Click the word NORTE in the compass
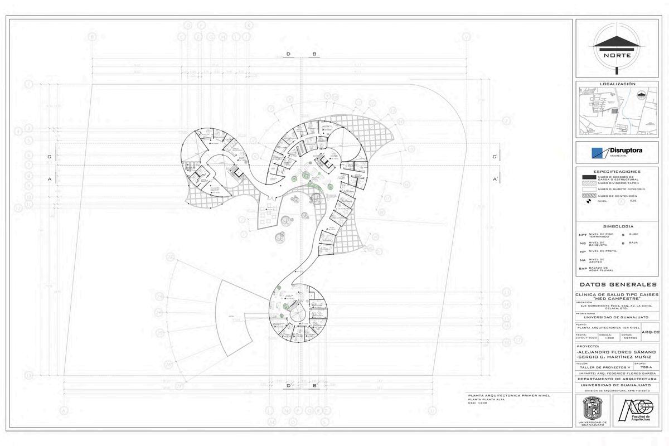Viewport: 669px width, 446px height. point(617,56)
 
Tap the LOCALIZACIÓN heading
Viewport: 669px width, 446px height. point(617,84)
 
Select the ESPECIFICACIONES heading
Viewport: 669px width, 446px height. point(617,172)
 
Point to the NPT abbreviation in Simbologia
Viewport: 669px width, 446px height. point(583,235)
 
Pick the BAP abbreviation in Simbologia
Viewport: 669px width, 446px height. point(583,269)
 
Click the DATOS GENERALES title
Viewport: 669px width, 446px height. point(617,284)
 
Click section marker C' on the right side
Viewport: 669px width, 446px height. point(495,157)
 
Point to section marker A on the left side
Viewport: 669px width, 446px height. point(50,179)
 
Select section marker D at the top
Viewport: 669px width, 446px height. point(288,54)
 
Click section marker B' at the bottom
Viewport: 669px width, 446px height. point(315,385)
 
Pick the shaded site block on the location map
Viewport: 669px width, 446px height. point(614,111)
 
